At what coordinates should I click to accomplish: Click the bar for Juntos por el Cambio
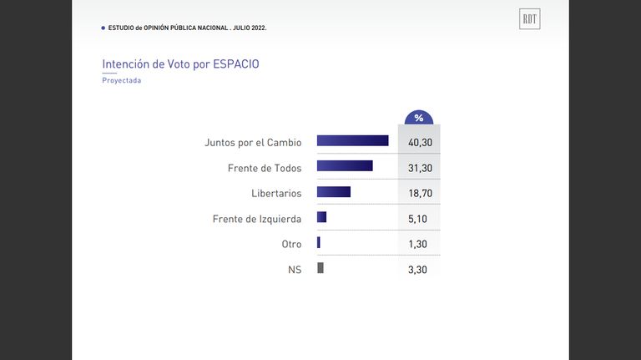pyautogui.click(x=353, y=140)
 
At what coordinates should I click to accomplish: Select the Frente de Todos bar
pyautogui.click(x=345, y=165)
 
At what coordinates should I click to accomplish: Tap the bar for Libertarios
pyautogui.click(x=334, y=191)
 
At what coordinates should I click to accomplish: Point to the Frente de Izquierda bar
pyautogui.click(x=321, y=217)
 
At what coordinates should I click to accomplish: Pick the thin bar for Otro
pyautogui.click(x=319, y=242)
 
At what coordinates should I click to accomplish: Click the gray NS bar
pyautogui.click(x=320, y=267)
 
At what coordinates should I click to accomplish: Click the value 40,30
pyautogui.click(x=421, y=142)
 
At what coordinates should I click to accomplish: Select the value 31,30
pyautogui.click(x=421, y=168)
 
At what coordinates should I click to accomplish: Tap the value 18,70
pyautogui.click(x=421, y=193)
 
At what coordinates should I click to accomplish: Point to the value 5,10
pyautogui.click(x=417, y=219)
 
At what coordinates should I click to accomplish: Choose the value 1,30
pyautogui.click(x=417, y=244)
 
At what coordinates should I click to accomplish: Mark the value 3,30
pyautogui.click(x=417, y=270)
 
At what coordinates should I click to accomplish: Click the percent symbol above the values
pyautogui.click(x=419, y=119)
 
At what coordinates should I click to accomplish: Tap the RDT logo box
pyautogui.click(x=530, y=19)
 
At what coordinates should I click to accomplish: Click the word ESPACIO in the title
pyautogui.click(x=236, y=64)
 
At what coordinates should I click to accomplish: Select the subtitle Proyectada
pyautogui.click(x=121, y=80)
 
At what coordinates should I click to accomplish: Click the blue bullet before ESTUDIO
pyautogui.click(x=103, y=28)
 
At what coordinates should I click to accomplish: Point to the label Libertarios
pyautogui.click(x=276, y=193)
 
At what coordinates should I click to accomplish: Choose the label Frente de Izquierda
pyautogui.click(x=257, y=219)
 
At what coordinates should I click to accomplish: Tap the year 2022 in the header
pyautogui.click(x=258, y=28)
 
